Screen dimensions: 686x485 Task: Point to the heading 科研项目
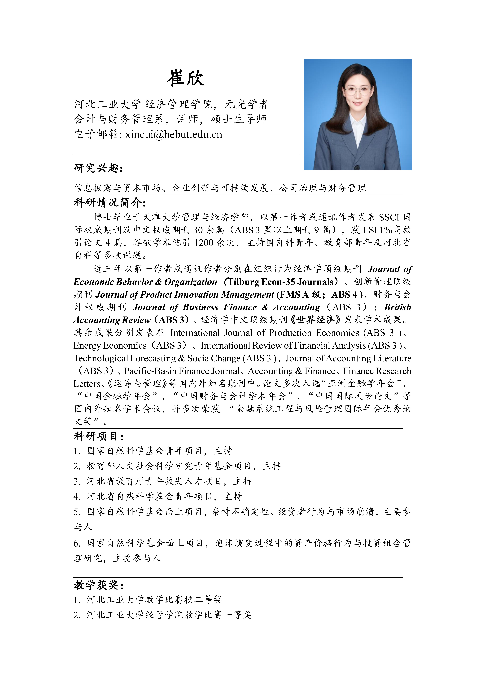point(99,436)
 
